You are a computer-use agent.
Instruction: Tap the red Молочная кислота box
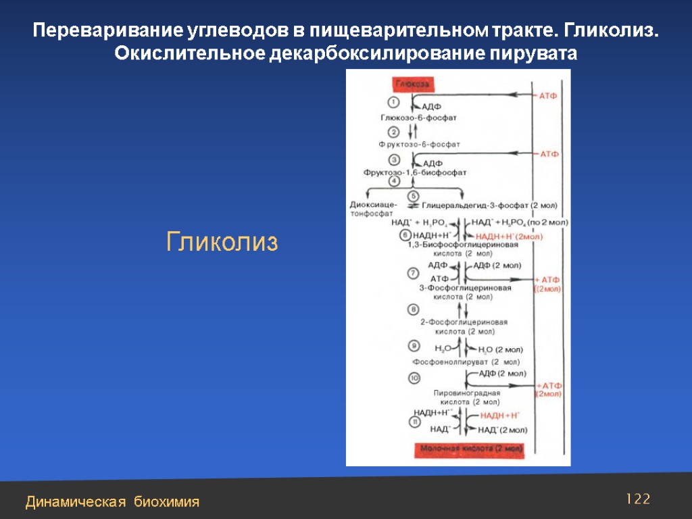(x=471, y=448)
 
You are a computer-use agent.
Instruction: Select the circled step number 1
(x=393, y=102)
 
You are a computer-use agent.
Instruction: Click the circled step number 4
(x=393, y=180)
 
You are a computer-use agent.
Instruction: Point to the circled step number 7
(x=412, y=273)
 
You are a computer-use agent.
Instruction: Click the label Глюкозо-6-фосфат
(x=418, y=117)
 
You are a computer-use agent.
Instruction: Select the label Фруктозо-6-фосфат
(x=419, y=144)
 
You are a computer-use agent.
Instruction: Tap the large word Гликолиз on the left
(x=222, y=242)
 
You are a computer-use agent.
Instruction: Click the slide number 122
(x=638, y=499)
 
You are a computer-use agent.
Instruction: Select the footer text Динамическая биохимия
(x=112, y=501)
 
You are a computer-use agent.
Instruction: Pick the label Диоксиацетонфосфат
(x=368, y=209)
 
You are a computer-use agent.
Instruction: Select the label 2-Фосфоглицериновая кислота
(x=464, y=327)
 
